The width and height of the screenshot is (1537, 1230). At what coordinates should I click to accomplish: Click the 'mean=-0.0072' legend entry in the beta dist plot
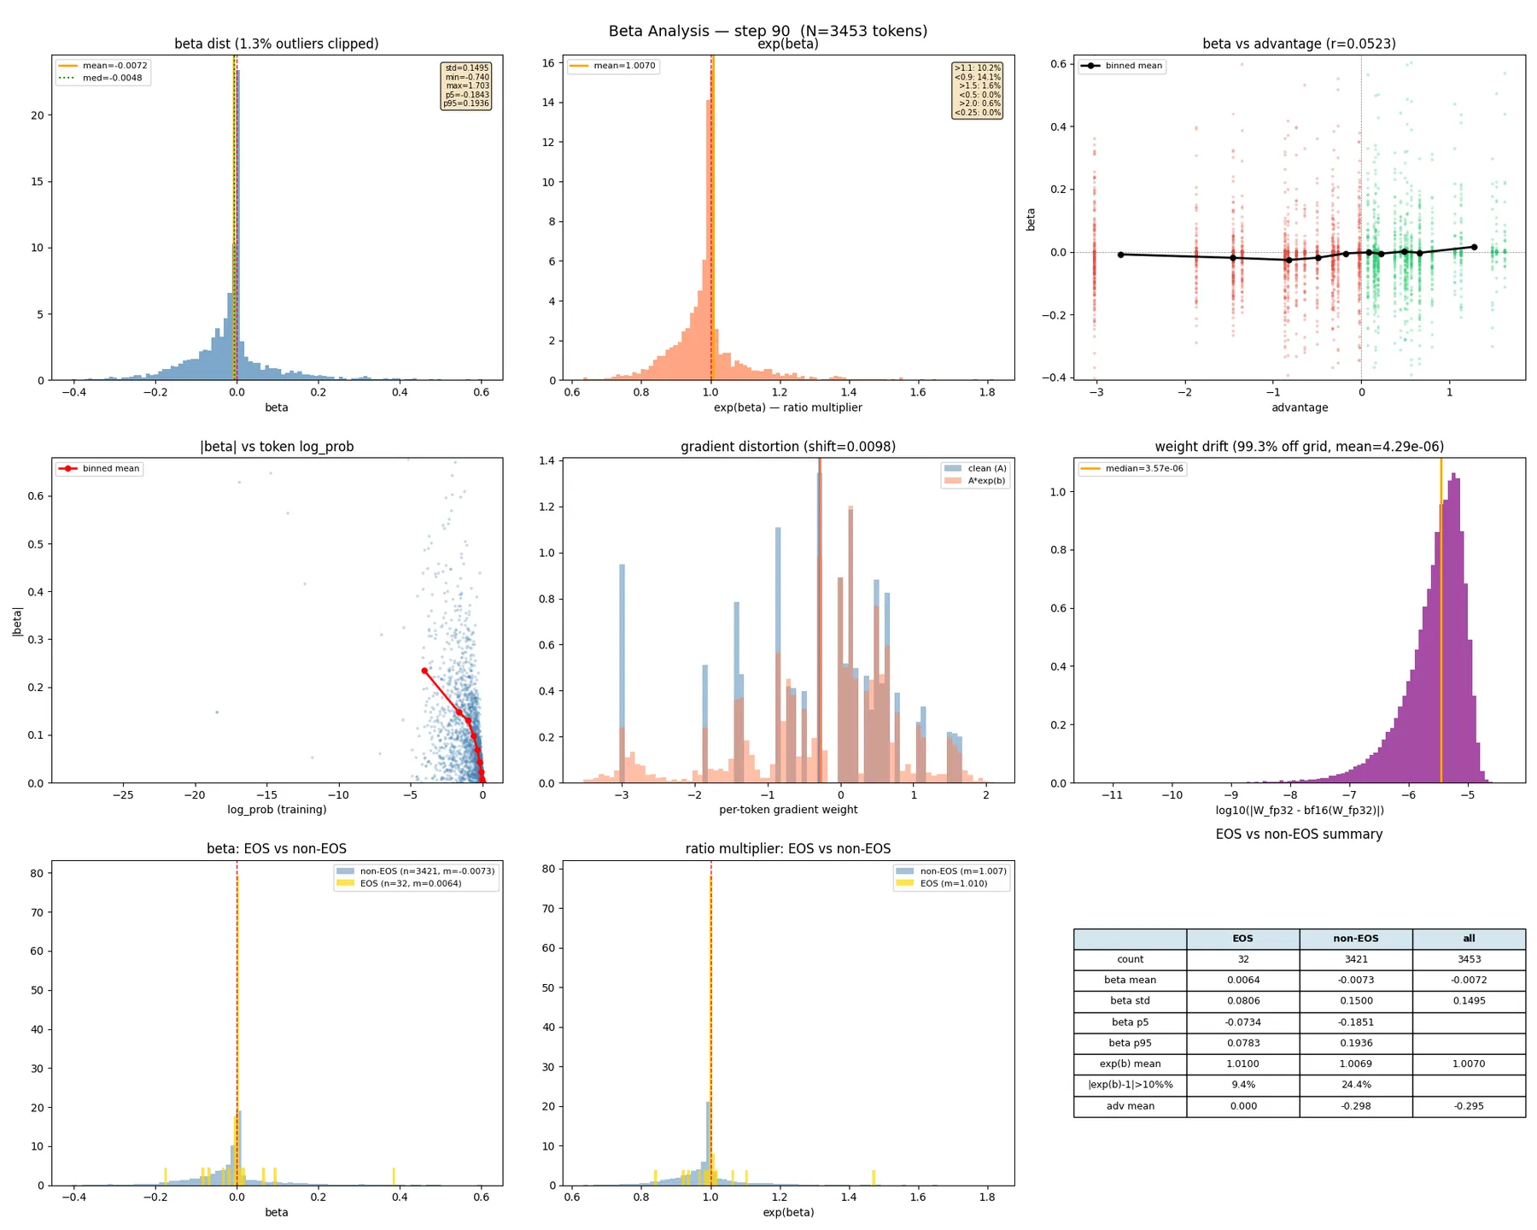coord(114,66)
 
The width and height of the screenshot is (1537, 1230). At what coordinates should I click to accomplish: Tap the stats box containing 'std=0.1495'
coord(466,85)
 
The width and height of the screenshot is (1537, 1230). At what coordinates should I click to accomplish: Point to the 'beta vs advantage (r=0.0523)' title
coord(1298,44)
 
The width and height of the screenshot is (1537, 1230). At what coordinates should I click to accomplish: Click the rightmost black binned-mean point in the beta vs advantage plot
coord(1474,247)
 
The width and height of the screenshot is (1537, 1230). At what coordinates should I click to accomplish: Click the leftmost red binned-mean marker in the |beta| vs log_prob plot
coord(424,671)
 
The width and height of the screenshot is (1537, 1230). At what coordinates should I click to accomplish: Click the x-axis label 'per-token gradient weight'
coord(787,810)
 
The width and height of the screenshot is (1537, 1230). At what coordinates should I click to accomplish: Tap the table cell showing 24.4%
coord(1355,1085)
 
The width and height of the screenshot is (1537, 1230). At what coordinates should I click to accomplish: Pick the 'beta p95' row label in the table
coord(1130,1043)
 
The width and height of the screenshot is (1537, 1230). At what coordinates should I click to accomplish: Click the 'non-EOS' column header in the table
coord(1355,939)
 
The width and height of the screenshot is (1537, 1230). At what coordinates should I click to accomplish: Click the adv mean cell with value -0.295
coord(1468,1106)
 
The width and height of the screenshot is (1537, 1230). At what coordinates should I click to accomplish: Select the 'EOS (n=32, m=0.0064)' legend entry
coord(410,883)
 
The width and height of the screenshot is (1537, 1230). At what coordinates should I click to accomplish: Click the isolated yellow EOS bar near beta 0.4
coord(394,1176)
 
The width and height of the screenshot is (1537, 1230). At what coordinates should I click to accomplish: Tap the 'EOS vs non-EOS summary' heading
coord(1298,835)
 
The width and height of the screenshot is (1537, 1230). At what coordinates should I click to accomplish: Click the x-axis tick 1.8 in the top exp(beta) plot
coord(987,393)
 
